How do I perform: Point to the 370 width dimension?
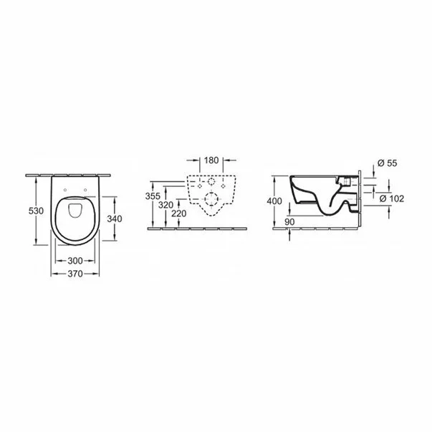[x=75, y=274]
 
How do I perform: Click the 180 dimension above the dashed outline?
[x=211, y=160]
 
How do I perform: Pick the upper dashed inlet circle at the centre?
[x=211, y=182]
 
